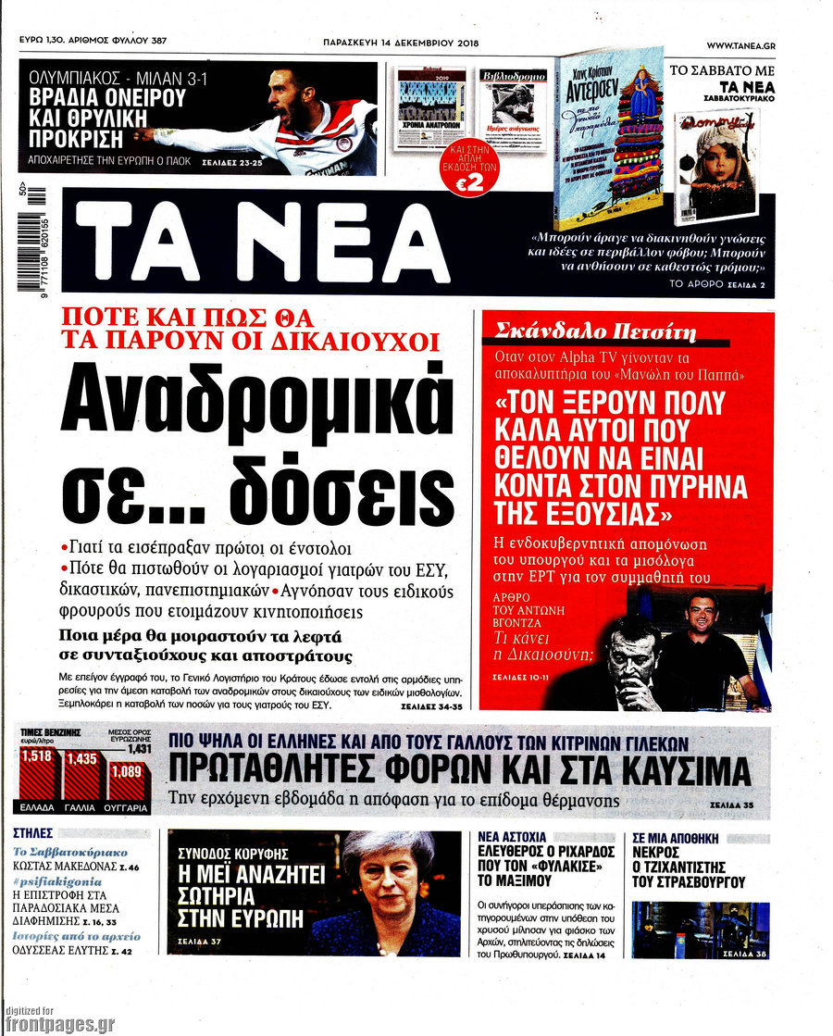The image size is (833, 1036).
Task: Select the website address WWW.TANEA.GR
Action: (740, 45)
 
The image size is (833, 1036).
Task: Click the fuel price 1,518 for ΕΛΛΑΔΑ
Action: (37, 756)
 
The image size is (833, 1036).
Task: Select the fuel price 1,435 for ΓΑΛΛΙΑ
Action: (81, 760)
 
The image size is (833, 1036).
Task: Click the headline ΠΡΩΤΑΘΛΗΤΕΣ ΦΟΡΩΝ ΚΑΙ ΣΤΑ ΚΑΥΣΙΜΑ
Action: (459, 770)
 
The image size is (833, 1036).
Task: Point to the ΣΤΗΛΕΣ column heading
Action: (34, 833)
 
